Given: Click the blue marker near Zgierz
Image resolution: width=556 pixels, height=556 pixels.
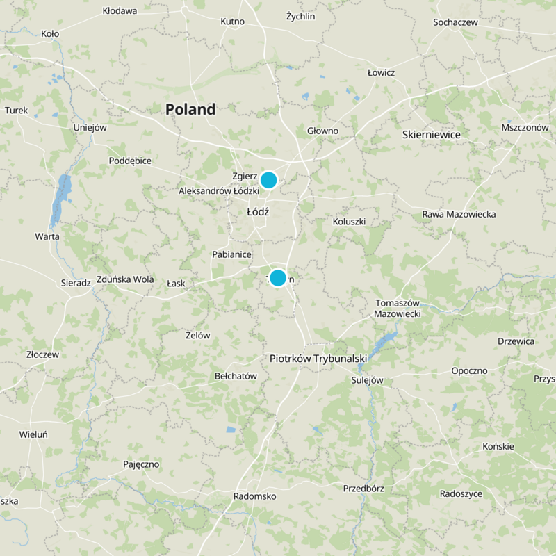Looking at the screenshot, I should (268, 180).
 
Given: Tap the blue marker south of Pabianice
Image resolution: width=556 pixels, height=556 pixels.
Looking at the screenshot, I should (277, 278).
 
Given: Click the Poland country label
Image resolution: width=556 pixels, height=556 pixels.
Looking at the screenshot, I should (190, 109).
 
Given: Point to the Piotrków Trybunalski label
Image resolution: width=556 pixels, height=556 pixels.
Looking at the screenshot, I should (318, 359).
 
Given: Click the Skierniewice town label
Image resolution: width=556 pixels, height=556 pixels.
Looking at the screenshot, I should (431, 134).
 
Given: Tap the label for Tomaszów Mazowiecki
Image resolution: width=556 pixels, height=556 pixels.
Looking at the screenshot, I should (398, 309).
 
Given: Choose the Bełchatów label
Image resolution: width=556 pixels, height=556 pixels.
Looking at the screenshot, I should (236, 376).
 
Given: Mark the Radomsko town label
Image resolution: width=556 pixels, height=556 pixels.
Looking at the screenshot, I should (255, 496).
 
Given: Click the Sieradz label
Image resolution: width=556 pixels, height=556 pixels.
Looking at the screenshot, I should (76, 283).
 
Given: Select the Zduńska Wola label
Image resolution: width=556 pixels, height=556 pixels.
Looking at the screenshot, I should (125, 279).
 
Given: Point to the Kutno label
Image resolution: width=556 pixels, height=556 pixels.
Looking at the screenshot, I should (232, 22).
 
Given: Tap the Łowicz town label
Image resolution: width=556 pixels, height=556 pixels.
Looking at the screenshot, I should (381, 72).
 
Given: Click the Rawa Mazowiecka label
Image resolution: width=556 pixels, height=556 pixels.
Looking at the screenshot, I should (459, 214).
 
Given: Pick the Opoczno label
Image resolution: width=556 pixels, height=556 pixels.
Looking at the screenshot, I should (469, 370).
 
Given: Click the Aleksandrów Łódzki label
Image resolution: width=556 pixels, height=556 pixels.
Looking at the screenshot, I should (218, 190).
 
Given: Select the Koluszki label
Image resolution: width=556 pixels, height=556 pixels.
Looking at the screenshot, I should (349, 222).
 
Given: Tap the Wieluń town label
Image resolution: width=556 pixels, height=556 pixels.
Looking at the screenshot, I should (33, 434).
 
